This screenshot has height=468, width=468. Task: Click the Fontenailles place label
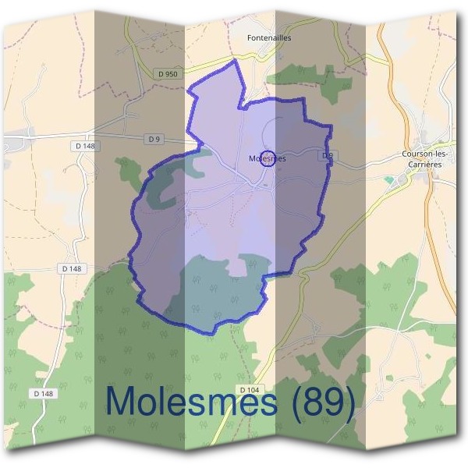click(268, 37)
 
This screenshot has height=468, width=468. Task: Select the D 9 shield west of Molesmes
click(154, 139)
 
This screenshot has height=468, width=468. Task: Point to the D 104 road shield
click(249, 389)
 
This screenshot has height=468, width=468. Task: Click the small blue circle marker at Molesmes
click(267, 158)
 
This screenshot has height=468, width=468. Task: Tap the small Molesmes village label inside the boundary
click(267, 158)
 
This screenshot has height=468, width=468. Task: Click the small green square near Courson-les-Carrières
click(388, 180)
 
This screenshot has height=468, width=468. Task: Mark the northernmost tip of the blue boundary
click(234, 60)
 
